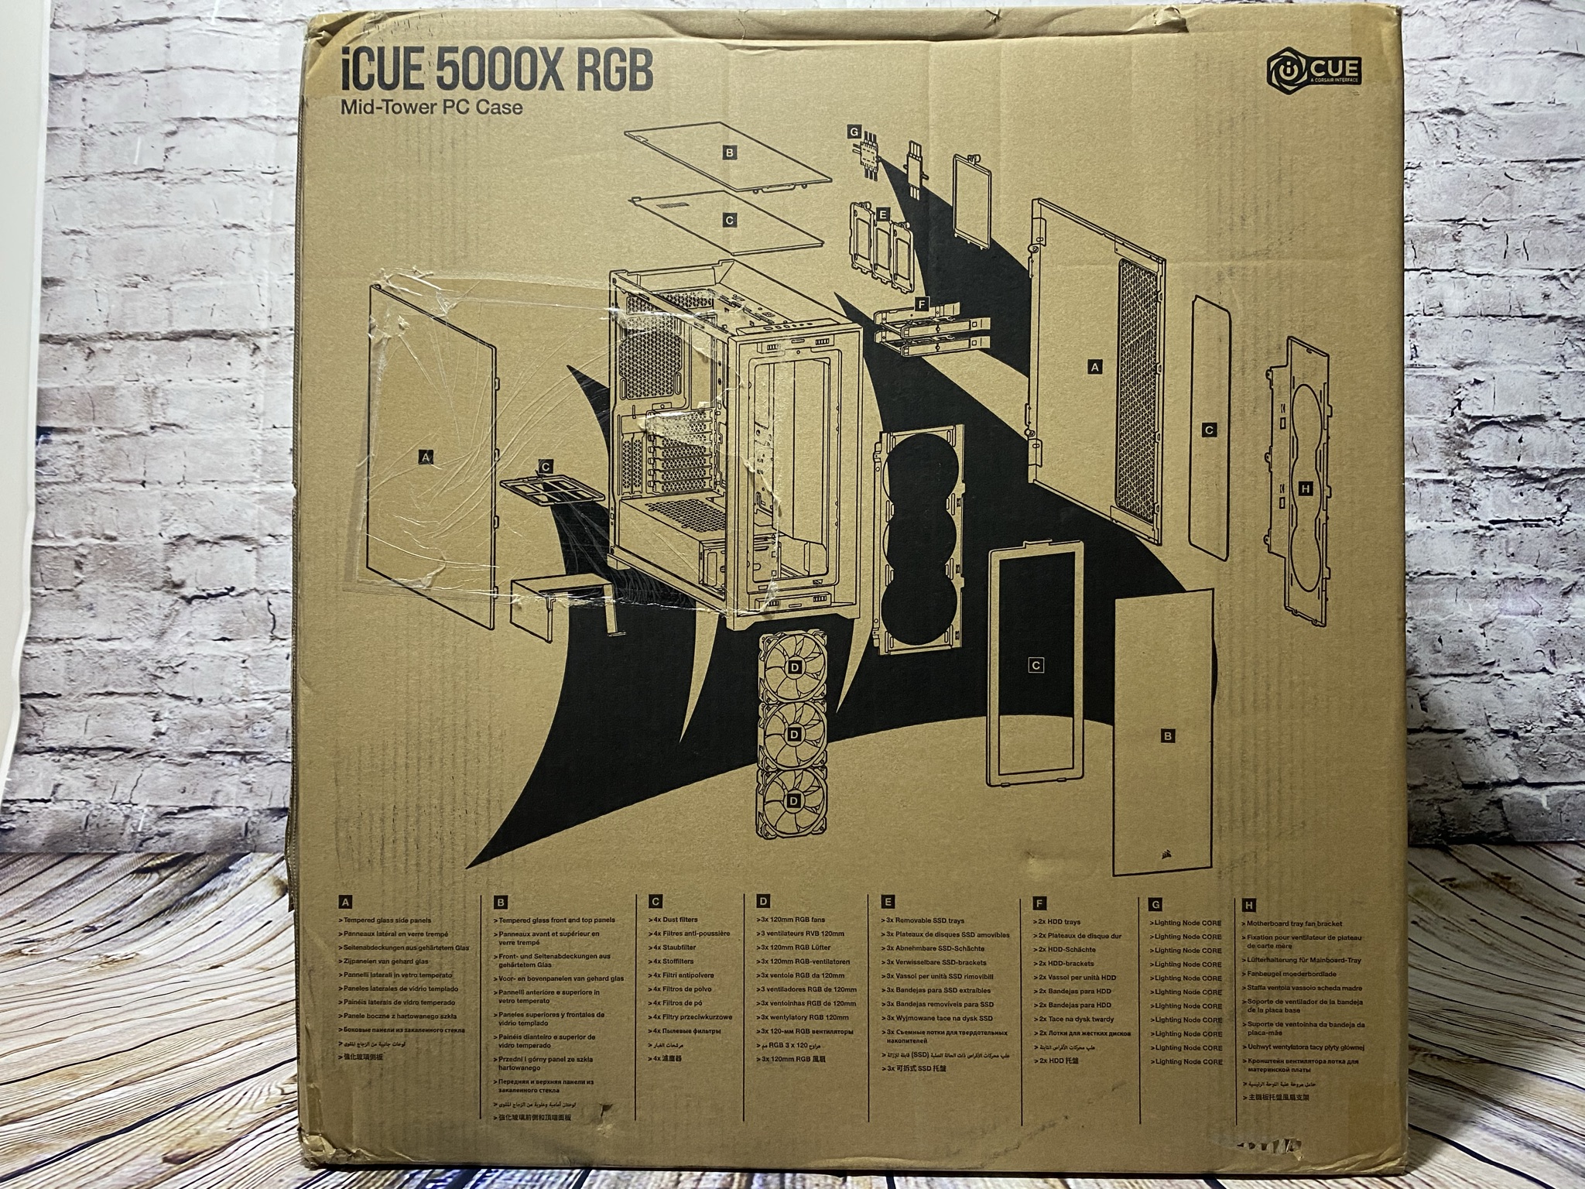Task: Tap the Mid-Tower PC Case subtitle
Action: [x=432, y=107]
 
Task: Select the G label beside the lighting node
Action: [x=854, y=132]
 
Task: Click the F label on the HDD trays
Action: [x=920, y=303]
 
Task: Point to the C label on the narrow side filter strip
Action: [x=1210, y=430]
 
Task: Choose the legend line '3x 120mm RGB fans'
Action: [x=798, y=920]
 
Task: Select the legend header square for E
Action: [x=888, y=902]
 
